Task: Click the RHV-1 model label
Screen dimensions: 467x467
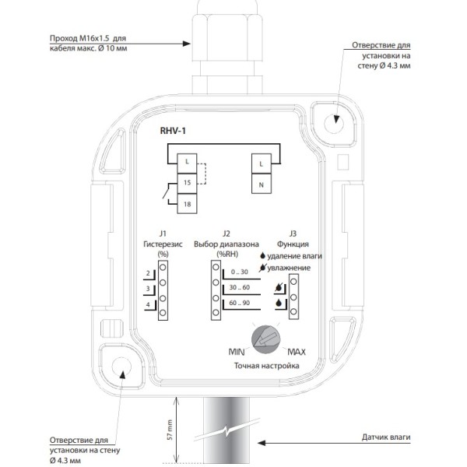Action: [173, 131]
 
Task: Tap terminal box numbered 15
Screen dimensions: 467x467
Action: [187, 183]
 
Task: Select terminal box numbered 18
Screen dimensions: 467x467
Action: [187, 204]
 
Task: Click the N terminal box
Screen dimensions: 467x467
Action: [262, 184]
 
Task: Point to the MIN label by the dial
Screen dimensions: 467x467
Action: [237, 352]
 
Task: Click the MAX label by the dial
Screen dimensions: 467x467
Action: [297, 352]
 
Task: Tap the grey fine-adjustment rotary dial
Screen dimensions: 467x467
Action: [266, 339]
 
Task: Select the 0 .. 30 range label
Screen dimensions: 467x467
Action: [240, 272]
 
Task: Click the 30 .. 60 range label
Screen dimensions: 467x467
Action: [240, 287]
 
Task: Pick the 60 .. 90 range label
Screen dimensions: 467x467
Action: [240, 303]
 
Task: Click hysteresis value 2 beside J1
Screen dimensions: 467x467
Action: [148, 273]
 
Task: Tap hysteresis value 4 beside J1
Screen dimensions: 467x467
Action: [148, 304]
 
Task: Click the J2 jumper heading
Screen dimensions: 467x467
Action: [226, 233]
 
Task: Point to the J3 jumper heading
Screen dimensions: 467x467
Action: [293, 233]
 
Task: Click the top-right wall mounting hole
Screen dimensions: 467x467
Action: [334, 124]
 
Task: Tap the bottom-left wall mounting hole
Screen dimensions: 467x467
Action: [121, 367]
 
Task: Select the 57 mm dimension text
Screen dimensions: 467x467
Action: [170, 430]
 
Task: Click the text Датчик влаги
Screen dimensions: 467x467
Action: [386, 437]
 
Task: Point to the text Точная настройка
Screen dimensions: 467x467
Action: [266, 366]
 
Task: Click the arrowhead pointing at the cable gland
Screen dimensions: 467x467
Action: [187, 44]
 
